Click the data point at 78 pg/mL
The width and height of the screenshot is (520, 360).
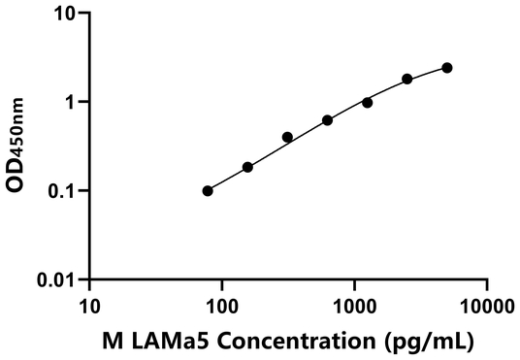(x=208, y=191)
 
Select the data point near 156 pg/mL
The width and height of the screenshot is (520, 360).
(x=247, y=167)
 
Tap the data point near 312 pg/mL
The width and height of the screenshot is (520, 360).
(x=287, y=137)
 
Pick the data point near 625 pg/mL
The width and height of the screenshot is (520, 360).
(x=327, y=120)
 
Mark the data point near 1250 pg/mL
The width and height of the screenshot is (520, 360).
(x=367, y=103)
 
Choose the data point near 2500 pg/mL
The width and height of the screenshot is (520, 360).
(x=406, y=79)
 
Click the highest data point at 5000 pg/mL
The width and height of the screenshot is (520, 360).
(x=446, y=68)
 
